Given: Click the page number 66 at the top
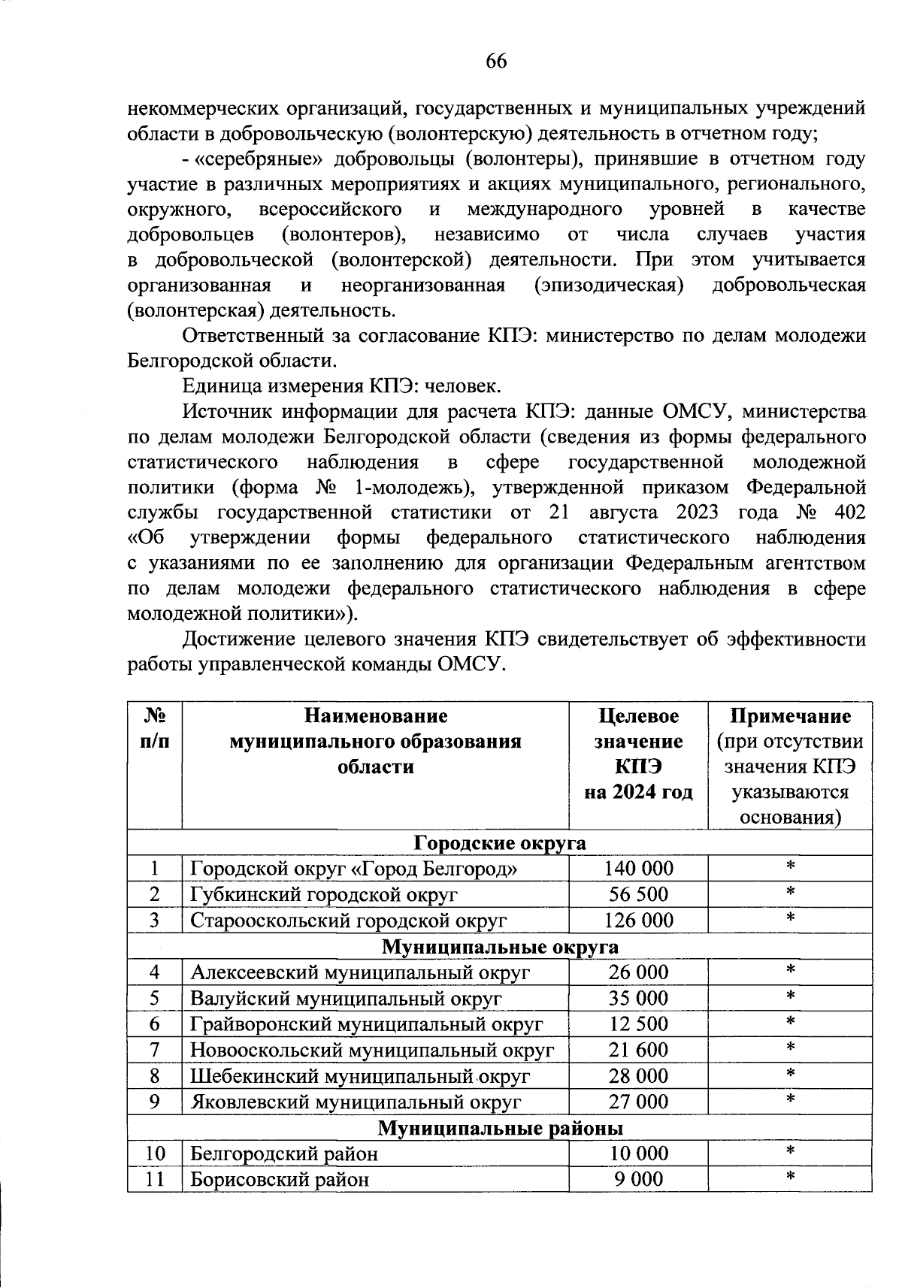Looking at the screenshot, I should pos(496,61).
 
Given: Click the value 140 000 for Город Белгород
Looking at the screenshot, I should pos(638,869).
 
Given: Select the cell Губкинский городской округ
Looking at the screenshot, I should pos(323,894).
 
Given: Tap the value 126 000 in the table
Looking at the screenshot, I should pos(638,921).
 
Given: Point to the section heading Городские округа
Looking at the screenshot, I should pos(500,843).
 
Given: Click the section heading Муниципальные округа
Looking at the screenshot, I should pos(500,947).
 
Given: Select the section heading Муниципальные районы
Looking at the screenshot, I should pos(500,1128).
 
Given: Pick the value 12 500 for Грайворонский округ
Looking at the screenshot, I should pos(638,1024).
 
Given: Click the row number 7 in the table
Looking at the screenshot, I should pos(154,1050).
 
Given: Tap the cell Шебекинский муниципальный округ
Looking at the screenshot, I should pos(359,1076).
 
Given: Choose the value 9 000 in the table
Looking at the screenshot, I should pos(638,1179).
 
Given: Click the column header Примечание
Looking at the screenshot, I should pos(790,716).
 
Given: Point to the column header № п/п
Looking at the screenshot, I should pos(154,728).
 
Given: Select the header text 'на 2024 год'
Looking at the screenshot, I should pos(638,792).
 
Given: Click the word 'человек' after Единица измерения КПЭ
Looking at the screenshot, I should pos(462,386).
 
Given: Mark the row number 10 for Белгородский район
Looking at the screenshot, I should pos(154,1153).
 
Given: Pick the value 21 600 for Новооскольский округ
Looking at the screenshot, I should pos(638,1050).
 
